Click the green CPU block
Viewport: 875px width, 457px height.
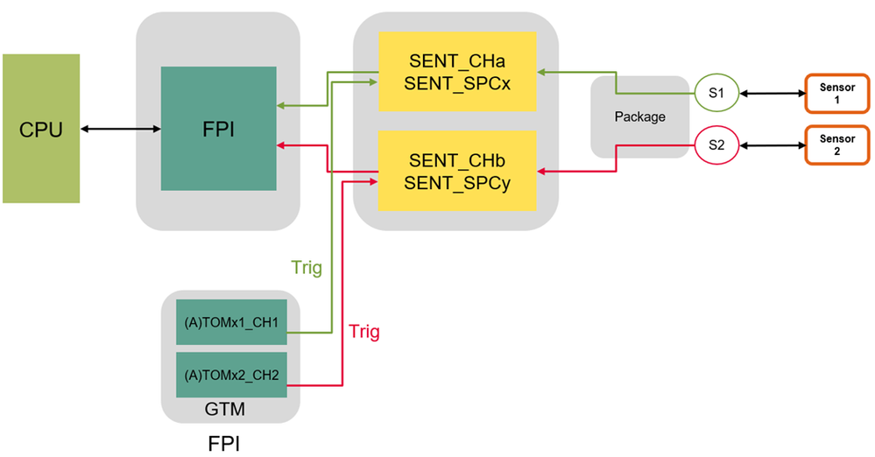41,129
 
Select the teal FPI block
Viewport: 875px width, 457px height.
219,129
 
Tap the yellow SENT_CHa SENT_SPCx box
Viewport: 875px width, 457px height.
456,71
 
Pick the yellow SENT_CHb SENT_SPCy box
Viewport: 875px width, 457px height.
456,171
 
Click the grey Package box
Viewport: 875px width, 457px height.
639,116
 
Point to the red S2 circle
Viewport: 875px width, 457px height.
716,145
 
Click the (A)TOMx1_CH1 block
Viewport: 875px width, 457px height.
232,323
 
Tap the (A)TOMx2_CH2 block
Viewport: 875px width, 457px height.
232,376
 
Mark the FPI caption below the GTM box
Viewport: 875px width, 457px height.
223,442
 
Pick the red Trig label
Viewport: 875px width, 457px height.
364,332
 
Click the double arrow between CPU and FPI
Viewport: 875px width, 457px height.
120,130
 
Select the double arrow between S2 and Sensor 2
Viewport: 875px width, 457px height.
771,145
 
